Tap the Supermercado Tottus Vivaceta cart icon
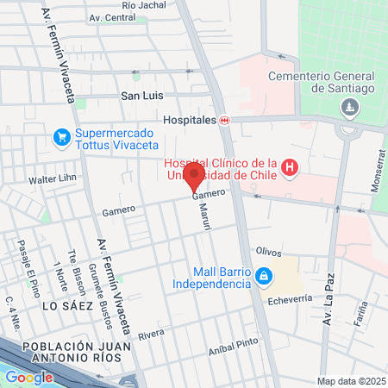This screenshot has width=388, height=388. [61, 138]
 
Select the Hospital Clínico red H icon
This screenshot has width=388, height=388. [290, 166]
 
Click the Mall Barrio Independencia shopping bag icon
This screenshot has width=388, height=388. [265, 278]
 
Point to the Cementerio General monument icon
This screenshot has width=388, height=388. [349, 107]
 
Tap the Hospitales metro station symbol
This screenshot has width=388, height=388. [225, 121]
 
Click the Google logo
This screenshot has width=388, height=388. [28, 377]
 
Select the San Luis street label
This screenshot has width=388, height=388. [142, 96]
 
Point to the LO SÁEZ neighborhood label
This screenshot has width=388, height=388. [66, 305]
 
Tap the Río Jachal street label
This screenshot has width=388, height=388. [144, 5]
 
